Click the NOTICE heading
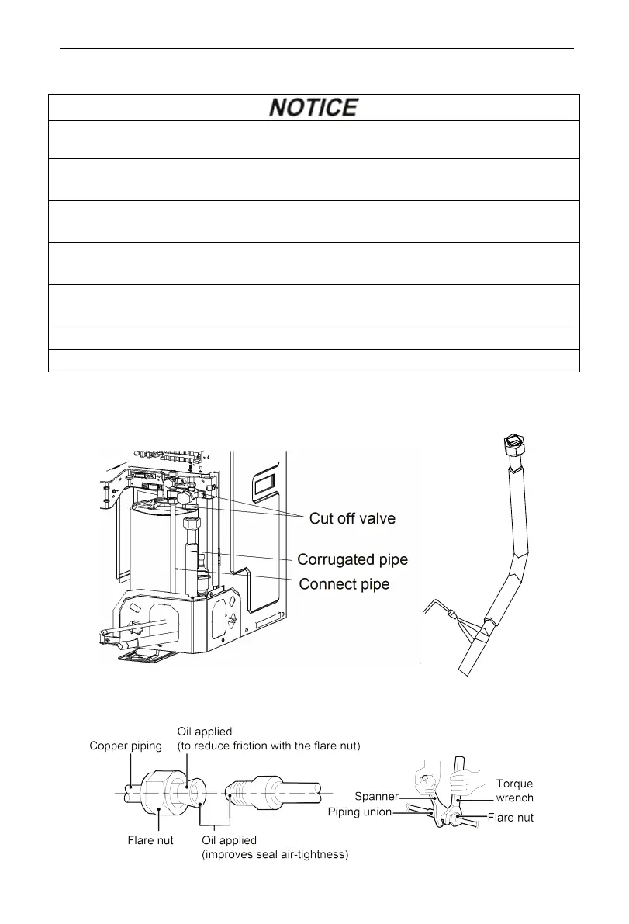pos(313,107)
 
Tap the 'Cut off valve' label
pos(352,519)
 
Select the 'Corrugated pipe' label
pos(353,559)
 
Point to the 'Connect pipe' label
pos(344,583)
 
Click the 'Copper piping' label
pos(124,746)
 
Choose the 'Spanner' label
pos(375,796)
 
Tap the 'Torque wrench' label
pos(514,791)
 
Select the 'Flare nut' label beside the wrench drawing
pos(510,817)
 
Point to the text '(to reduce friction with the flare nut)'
pos(269,746)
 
